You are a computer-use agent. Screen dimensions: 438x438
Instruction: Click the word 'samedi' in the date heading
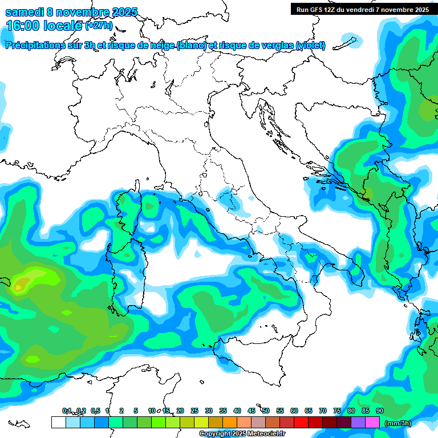25,13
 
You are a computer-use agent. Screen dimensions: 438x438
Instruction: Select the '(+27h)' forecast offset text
99,26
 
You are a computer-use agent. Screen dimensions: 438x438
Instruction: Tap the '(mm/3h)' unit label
398,423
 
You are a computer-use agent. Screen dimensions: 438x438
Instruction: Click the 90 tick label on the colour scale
379,411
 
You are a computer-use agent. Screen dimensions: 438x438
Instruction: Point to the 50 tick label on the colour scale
266,411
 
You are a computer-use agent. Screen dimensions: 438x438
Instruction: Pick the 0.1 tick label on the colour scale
67,411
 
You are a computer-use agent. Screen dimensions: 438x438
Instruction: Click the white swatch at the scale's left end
58,423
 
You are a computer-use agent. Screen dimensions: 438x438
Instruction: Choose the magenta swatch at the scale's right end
372,423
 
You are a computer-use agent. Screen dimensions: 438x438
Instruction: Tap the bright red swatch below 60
301,423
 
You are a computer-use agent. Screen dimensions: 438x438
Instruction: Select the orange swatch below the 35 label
229,423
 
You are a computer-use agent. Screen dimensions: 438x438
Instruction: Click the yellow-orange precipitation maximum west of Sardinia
22,283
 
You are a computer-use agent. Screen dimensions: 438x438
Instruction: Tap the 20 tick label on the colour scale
180,411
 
